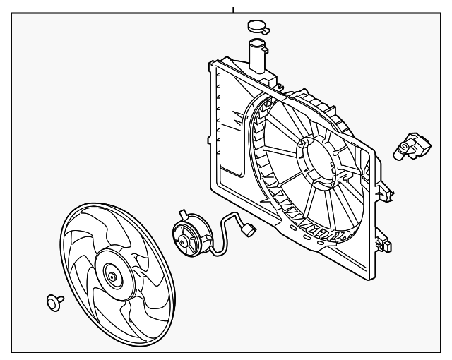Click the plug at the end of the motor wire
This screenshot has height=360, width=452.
pos(248,229)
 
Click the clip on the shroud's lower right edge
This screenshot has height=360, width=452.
pos(385,246)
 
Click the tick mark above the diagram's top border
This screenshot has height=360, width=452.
pos(232,9)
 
